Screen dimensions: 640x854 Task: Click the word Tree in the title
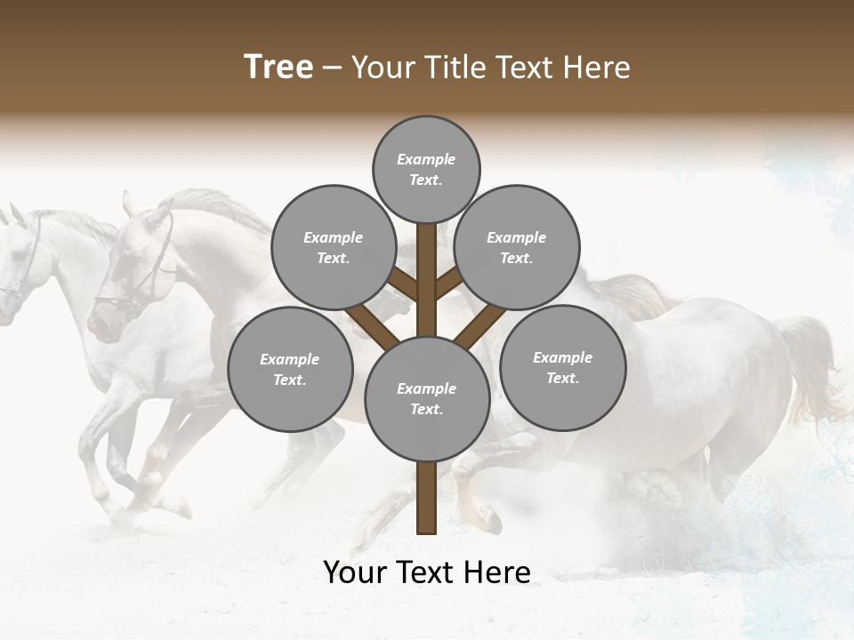278,68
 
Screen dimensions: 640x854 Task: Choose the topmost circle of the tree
426,169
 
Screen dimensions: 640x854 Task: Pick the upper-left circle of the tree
333,247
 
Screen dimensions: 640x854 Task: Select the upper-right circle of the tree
516,247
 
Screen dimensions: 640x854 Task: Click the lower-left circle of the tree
290,369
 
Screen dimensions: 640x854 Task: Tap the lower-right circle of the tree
562,367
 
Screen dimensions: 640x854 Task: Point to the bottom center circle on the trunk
427,398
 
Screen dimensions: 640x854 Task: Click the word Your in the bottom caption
354,572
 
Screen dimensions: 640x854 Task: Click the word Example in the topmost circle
426,159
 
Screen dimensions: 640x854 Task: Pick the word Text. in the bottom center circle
426,409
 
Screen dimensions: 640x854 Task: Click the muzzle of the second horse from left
101,324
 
